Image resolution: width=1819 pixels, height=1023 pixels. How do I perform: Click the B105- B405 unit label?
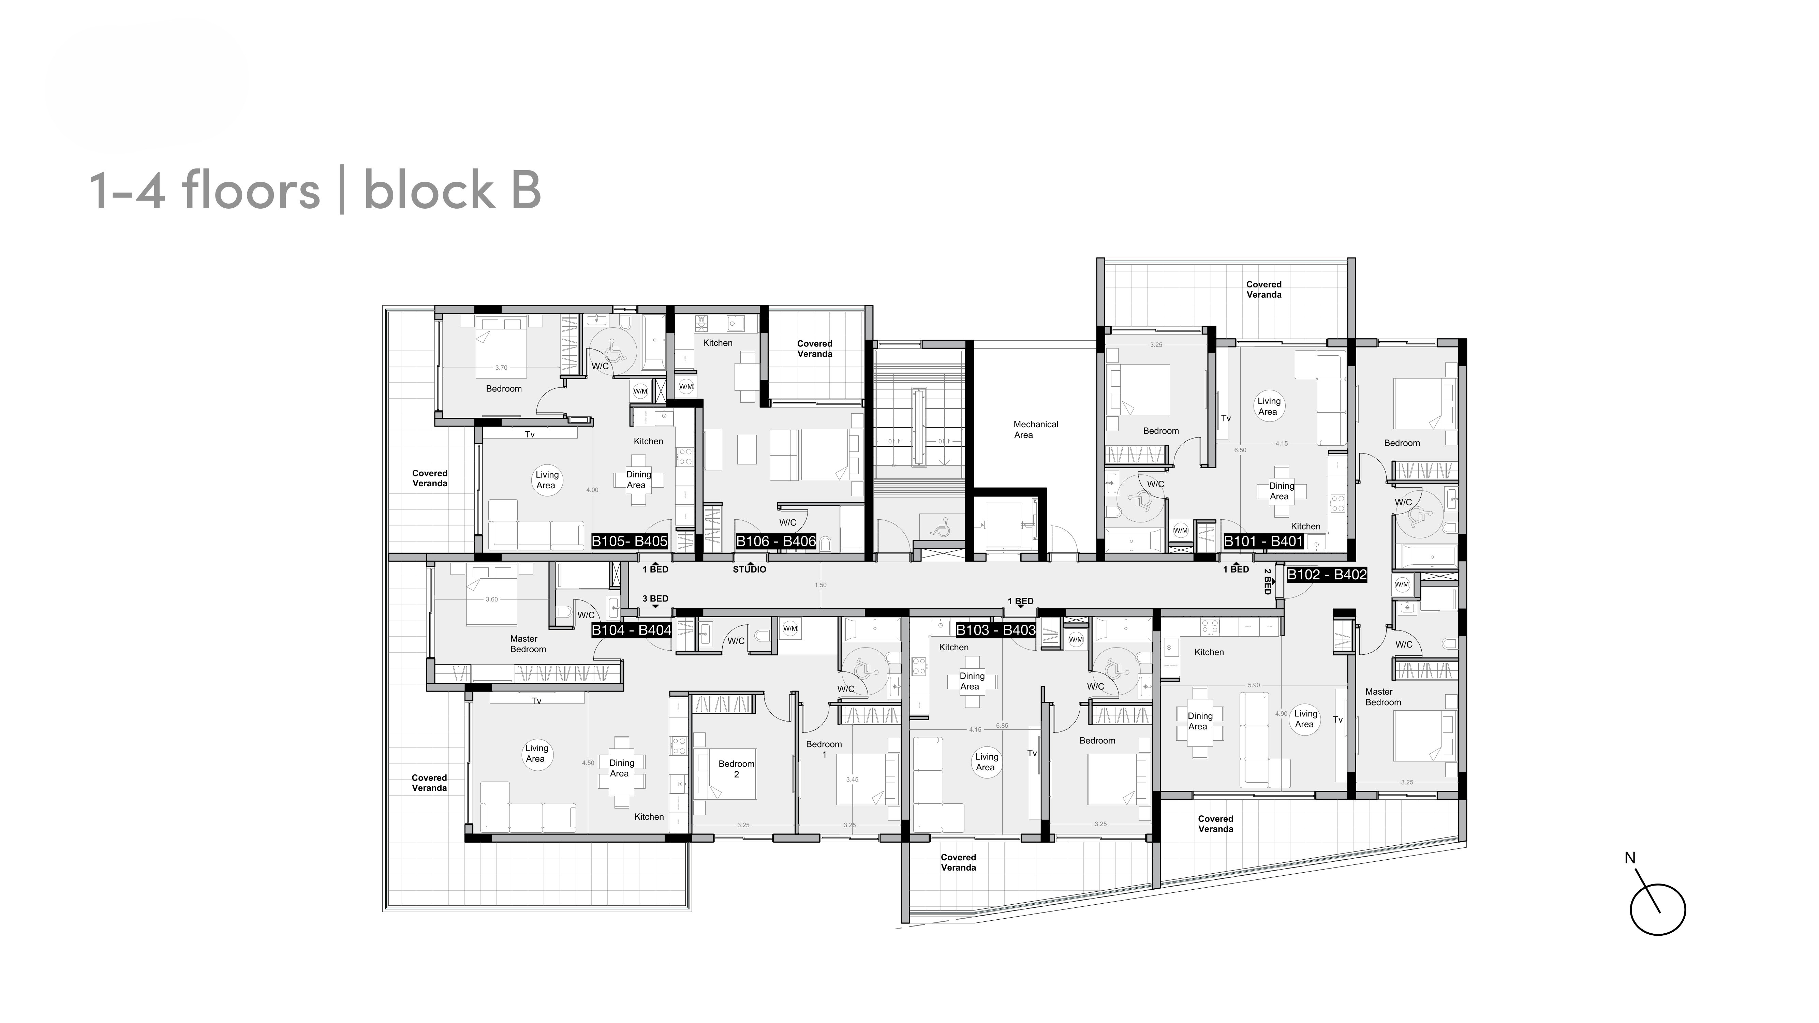tap(629, 542)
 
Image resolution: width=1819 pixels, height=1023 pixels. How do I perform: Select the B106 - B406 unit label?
tap(775, 542)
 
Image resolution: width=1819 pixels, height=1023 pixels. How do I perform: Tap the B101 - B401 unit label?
tap(1262, 542)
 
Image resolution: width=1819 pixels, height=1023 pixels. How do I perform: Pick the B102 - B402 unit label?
tap(1327, 575)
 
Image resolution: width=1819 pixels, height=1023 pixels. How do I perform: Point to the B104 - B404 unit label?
tap(631, 630)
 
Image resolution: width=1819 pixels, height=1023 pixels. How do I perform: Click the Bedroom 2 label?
tap(737, 769)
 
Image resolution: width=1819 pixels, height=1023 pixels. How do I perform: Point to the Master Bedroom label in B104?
tap(528, 644)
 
